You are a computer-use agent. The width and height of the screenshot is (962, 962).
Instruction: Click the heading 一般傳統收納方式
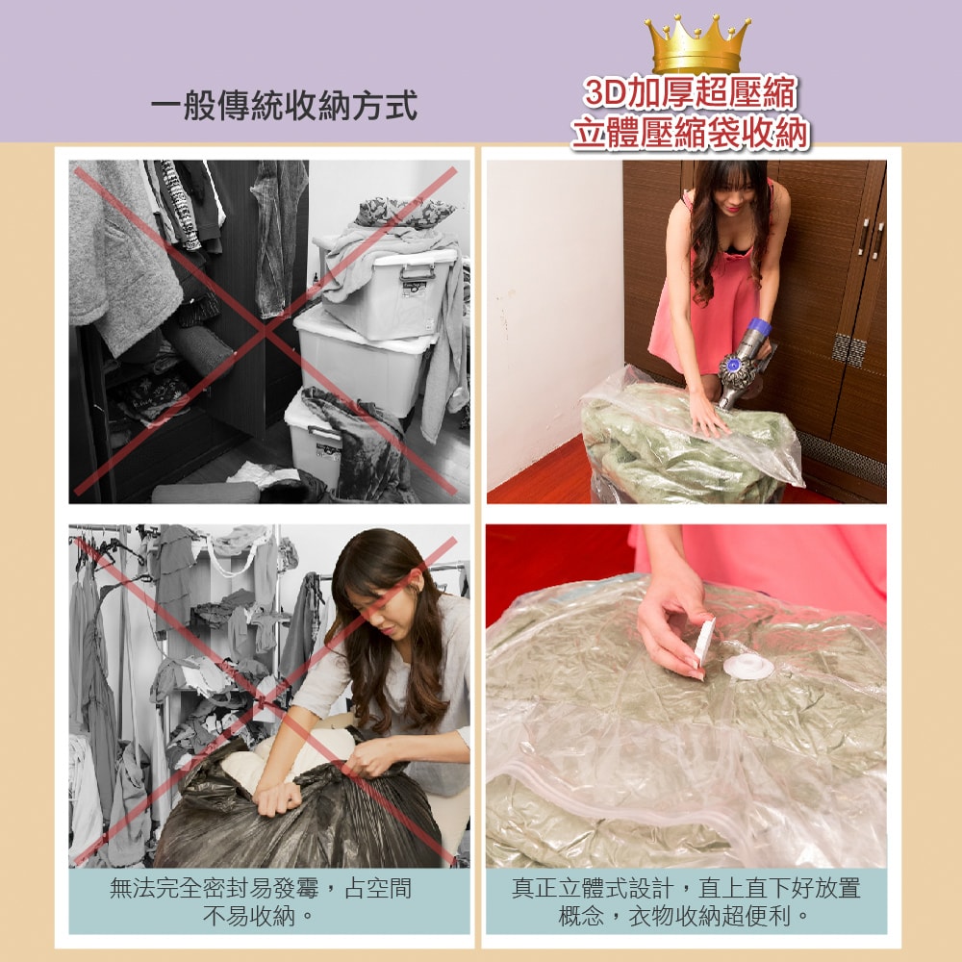284,106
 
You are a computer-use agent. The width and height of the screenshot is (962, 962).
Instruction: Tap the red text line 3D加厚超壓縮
690,93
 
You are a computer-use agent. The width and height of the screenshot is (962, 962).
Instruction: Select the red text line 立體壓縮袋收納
690,134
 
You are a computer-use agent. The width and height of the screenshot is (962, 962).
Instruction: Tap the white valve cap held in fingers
705,642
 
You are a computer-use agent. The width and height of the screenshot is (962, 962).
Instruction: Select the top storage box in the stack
390,289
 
